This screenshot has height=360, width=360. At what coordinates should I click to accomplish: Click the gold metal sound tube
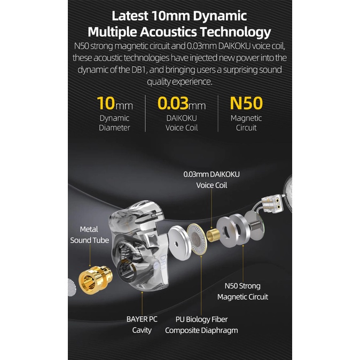point(95,279)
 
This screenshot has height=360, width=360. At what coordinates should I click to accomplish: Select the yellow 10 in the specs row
point(106,103)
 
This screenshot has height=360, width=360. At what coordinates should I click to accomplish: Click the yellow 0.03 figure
point(173,103)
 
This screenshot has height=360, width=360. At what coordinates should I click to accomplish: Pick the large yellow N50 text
point(246,103)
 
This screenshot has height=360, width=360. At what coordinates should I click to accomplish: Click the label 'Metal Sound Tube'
point(89,234)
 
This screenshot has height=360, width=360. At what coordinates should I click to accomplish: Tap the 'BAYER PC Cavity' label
point(142,325)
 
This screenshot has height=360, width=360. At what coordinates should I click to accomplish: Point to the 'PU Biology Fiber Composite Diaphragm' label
point(201,325)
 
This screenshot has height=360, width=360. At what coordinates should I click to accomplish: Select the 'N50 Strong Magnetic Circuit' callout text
point(242,291)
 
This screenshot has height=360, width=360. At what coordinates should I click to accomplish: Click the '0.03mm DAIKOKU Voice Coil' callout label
point(212,180)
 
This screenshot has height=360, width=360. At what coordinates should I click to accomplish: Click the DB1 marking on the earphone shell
point(163,262)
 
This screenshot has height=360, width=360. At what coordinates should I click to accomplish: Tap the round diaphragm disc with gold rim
point(197,239)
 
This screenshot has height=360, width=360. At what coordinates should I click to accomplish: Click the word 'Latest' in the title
point(130,15)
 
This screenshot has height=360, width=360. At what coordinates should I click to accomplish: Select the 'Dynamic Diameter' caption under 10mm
point(114,123)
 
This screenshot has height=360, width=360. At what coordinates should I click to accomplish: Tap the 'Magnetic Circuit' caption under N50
point(246,123)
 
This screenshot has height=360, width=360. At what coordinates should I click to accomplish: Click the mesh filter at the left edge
point(72,287)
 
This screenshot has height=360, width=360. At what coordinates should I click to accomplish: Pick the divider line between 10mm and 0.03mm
point(145,113)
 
